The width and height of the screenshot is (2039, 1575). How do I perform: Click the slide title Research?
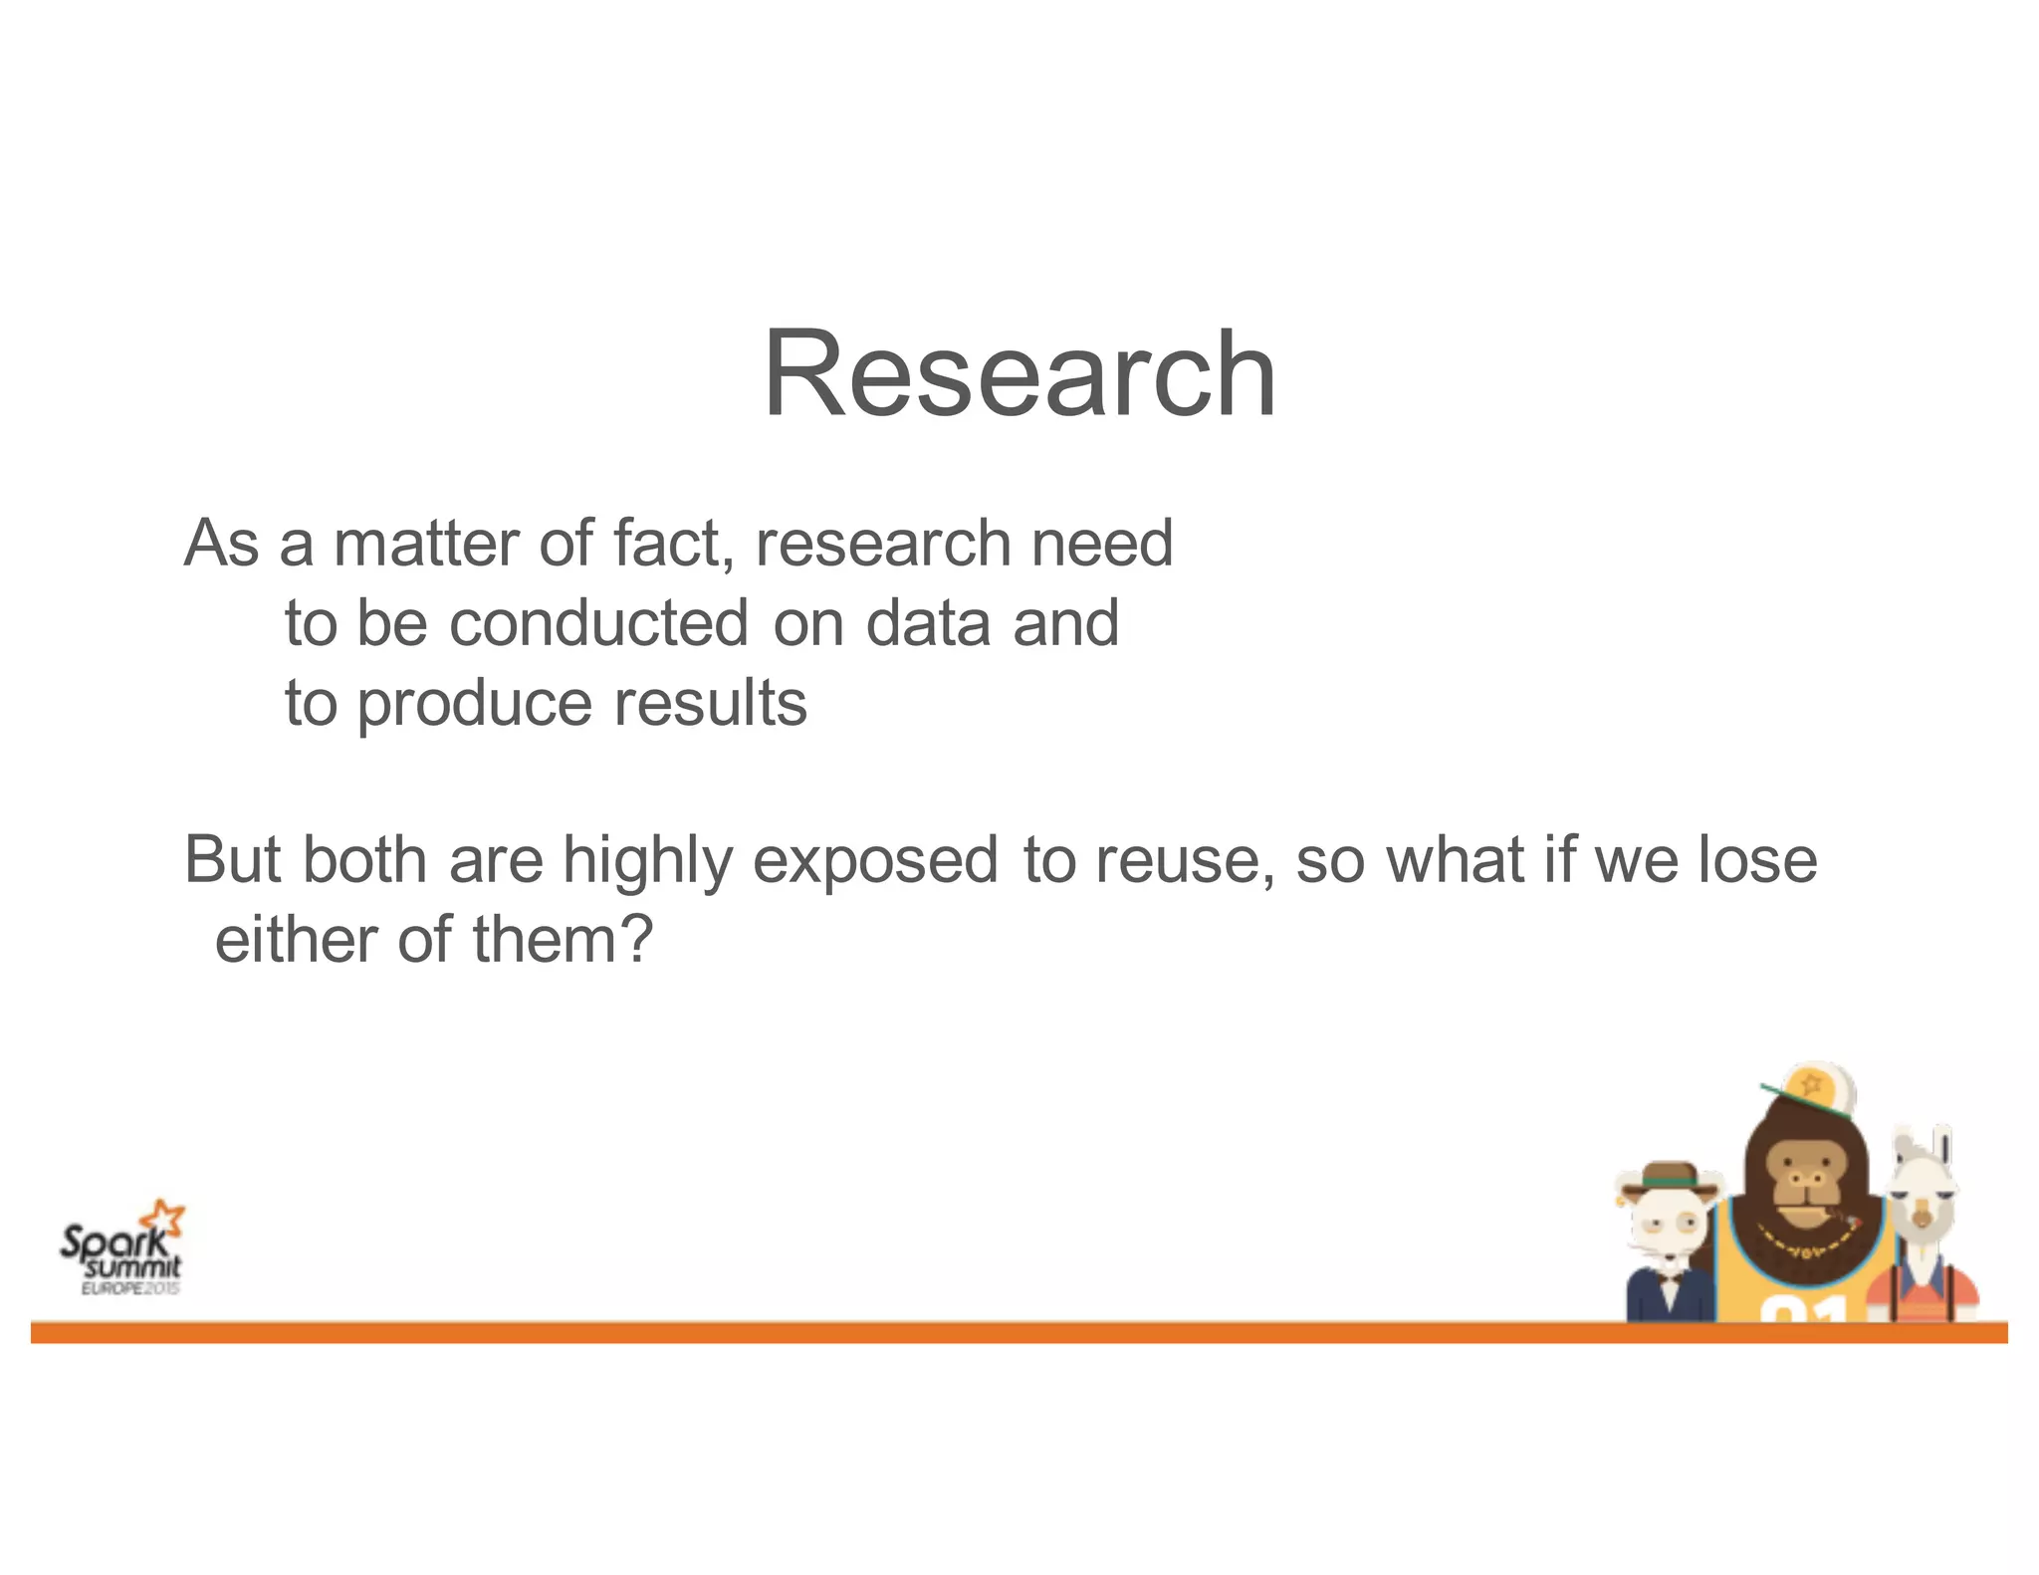coord(1019,375)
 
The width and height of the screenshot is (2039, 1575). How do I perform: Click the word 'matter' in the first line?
coord(425,544)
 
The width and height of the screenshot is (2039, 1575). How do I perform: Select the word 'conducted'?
coord(598,624)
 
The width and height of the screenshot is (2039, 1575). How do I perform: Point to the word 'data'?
coord(928,624)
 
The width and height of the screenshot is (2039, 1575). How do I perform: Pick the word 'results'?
coord(709,703)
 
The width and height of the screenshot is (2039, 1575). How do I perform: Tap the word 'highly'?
coord(647,862)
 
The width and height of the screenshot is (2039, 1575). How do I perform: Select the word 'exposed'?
coord(875,862)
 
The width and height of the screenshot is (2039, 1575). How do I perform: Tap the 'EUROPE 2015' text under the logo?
coord(130,1288)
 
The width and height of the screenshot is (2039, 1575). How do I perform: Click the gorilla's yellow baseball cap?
coord(1814,1090)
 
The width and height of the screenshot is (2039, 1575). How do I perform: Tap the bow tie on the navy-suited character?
coord(1670,1285)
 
